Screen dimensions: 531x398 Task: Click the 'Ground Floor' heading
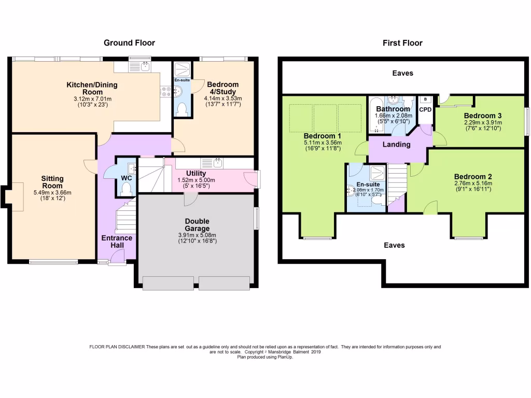(129, 42)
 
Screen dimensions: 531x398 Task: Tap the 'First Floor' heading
(402, 43)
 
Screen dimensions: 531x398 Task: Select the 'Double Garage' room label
(197, 225)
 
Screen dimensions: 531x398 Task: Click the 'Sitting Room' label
(52, 182)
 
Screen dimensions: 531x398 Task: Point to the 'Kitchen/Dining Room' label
(92, 88)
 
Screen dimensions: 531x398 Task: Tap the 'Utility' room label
(196, 173)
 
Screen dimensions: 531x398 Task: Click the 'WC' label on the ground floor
(127, 178)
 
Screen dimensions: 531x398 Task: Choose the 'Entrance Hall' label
(117, 241)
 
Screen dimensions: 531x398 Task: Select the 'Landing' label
(397, 145)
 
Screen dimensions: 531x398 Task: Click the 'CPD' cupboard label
(425, 110)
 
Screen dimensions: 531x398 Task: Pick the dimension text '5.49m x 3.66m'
(52, 193)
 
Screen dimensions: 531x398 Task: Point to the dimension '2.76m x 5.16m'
(473, 183)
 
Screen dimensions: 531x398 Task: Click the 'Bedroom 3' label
(483, 116)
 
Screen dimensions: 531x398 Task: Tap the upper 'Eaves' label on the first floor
(402, 73)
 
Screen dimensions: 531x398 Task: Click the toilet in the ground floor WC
(126, 189)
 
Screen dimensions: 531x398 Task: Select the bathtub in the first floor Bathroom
(376, 115)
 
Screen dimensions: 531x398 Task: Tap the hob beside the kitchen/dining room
(166, 91)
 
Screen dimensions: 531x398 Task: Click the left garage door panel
(169, 283)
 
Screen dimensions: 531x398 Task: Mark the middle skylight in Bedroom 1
(325, 118)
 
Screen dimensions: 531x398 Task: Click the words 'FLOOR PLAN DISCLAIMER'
(117, 347)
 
